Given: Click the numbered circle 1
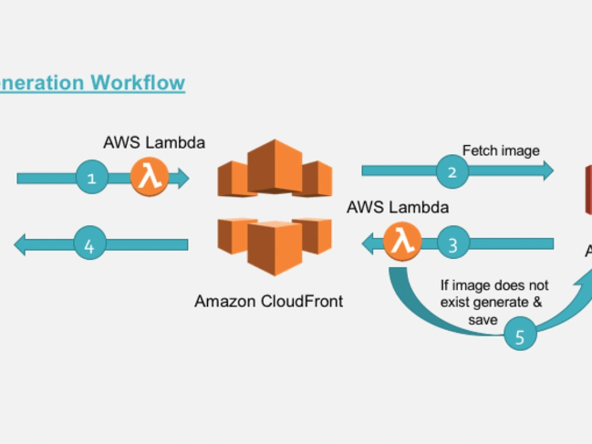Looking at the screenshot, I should (x=92, y=178).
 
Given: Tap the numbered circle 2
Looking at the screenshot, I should (x=452, y=172).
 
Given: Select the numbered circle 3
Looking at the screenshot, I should (x=453, y=244).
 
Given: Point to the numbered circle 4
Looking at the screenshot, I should (x=89, y=244).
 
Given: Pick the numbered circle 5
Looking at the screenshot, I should (x=520, y=336).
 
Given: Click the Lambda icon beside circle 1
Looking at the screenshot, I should (x=150, y=177).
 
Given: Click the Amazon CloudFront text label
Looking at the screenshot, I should (x=268, y=301).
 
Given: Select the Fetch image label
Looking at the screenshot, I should (x=501, y=150).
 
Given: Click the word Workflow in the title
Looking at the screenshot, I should (x=137, y=82).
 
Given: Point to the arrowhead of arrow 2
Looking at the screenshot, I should (x=547, y=171).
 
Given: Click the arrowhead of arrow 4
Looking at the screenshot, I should (x=20, y=244).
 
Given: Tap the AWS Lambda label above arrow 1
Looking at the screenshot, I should (x=154, y=143).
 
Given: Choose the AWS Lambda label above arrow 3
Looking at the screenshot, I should (x=397, y=207).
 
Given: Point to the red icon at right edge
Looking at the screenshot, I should (x=588, y=189).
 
